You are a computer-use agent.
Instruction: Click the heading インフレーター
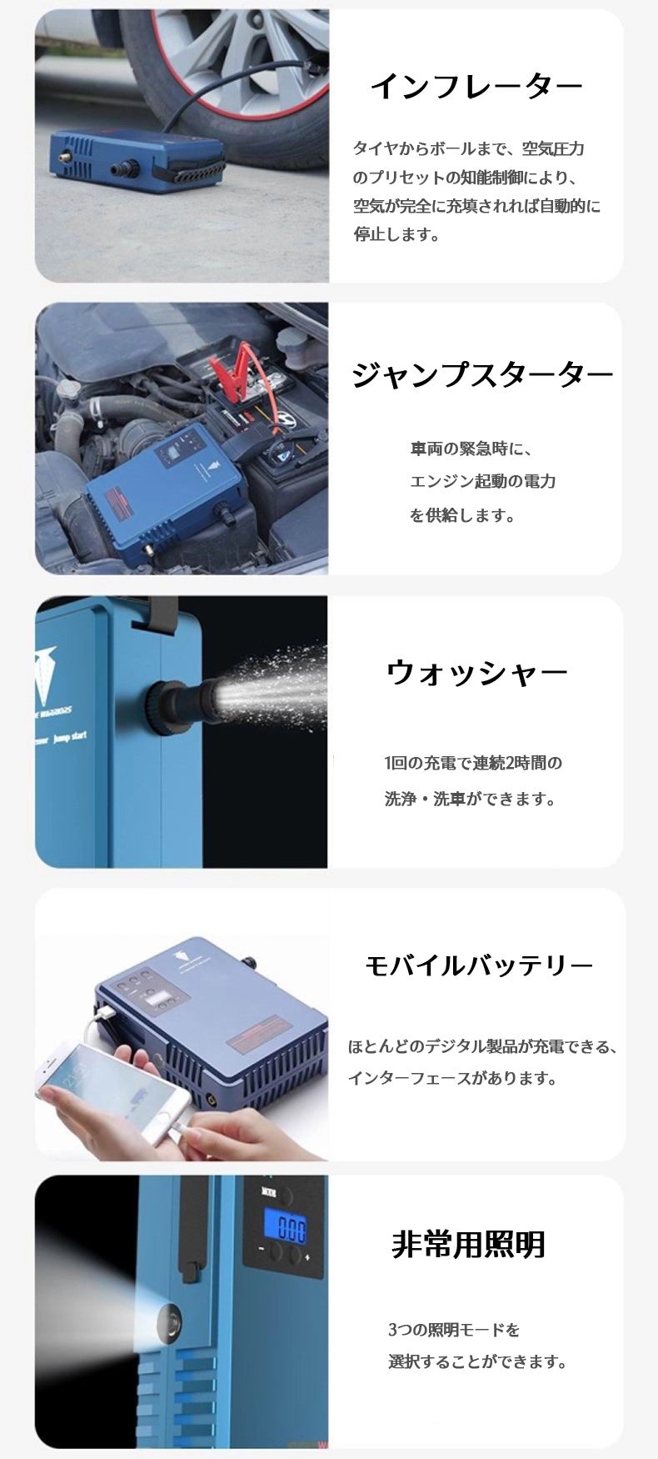pyautogui.click(x=476, y=86)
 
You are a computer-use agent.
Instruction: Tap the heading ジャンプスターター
pyautogui.click(x=482, y=375)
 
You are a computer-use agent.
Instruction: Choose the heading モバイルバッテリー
pyautogui.click(x=479, y=965)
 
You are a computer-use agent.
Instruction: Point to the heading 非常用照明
pyautogui.click(x=468, y=1244)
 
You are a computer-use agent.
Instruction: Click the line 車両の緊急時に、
pyautogui.click(x=471, y=449)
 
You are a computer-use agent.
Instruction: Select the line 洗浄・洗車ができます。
pyautogui.click(x=470, y=799)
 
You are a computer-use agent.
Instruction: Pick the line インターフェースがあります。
pyautogui.click(x=452, y=1078)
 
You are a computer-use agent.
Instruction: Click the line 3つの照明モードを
pyautogui.click(x=454, y=1329)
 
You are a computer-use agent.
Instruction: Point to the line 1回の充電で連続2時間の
pyautogui.click(x=473, y=762)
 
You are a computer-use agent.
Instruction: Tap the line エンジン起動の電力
pyautogui.click(x=482, y=481)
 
